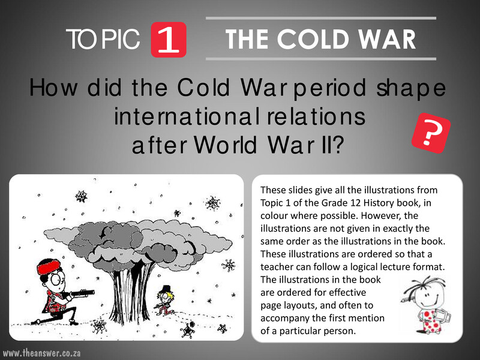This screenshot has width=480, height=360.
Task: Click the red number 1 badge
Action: [170, 39]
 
